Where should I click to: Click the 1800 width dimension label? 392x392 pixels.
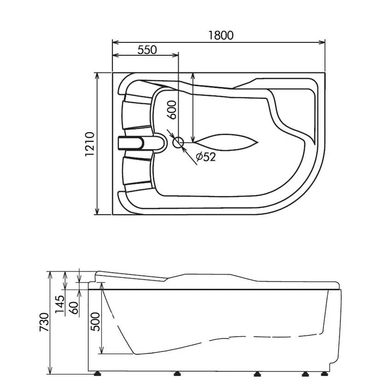tap(221, 35)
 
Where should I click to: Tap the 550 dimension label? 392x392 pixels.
tap(147, 50)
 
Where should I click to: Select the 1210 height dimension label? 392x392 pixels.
tap(90, 144)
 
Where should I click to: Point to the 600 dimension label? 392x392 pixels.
tap(172, 110)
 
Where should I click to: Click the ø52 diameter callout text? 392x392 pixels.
tap(206, 157)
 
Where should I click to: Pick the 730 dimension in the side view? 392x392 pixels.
tap(44, 322)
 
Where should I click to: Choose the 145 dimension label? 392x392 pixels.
tap(60, 304)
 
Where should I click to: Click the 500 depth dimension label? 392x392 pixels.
tap(95, 322)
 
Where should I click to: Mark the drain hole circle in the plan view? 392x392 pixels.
tap(178, 143)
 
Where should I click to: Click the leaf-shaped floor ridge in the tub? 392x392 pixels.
tap(226, 143)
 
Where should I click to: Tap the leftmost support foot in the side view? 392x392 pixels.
tap(97, 374)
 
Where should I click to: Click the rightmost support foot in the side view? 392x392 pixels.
tap(325, 374)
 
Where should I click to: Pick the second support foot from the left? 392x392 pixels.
tap(178, 374)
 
